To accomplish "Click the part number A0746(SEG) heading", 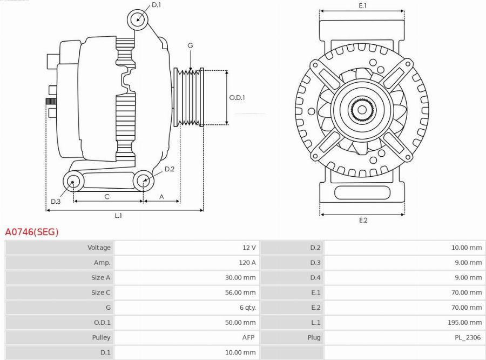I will tap(32, 232).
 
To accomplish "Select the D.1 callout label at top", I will tap(156, 5).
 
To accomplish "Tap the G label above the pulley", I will tap(190, 46).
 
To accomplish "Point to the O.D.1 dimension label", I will tap(237, 98).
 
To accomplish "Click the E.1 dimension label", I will tap(362, 5).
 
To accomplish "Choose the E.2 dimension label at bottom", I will tap(363, 220).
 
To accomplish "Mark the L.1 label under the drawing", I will tap(118, 216).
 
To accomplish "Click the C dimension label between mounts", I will tap(107, 197).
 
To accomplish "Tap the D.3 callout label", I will tap(56, 202).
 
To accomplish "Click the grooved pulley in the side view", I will tap(188, 98).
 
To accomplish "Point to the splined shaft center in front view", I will tap(361, 110).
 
